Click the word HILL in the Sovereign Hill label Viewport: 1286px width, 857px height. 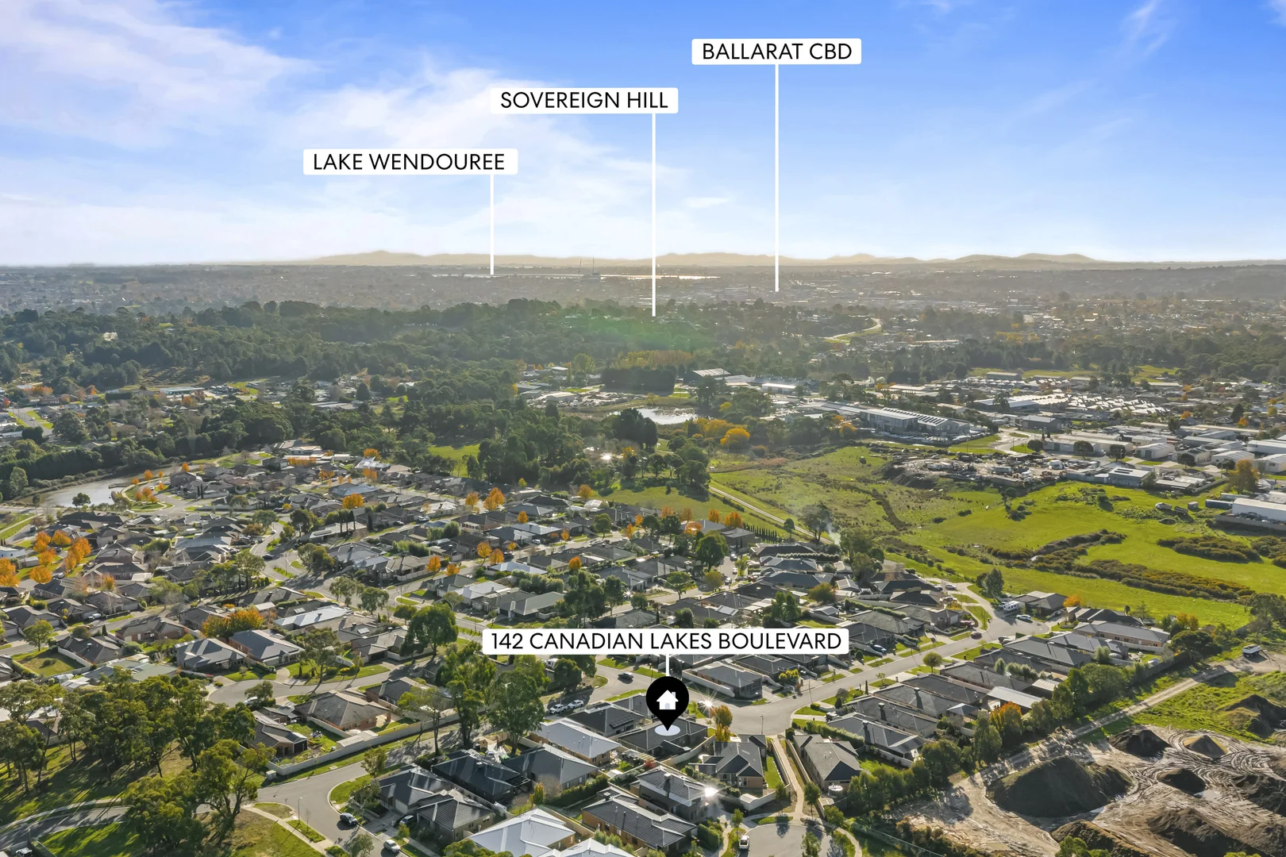click(648, 101)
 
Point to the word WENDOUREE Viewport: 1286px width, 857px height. click(437, 162)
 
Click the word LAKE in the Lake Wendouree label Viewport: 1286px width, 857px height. click(337, 162)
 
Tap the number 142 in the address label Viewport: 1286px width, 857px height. click(507, 640)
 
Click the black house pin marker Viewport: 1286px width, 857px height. click(667, 701)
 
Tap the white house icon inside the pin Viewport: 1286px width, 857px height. click(667, 699)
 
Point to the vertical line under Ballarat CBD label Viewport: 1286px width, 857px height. click(777, 178)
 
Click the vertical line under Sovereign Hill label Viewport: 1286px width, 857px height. click(653, 215)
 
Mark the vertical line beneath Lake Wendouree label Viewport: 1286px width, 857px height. click(491, 224)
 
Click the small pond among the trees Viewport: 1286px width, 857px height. click(666, 415)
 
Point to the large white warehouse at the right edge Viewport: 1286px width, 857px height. click(1259, 509)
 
